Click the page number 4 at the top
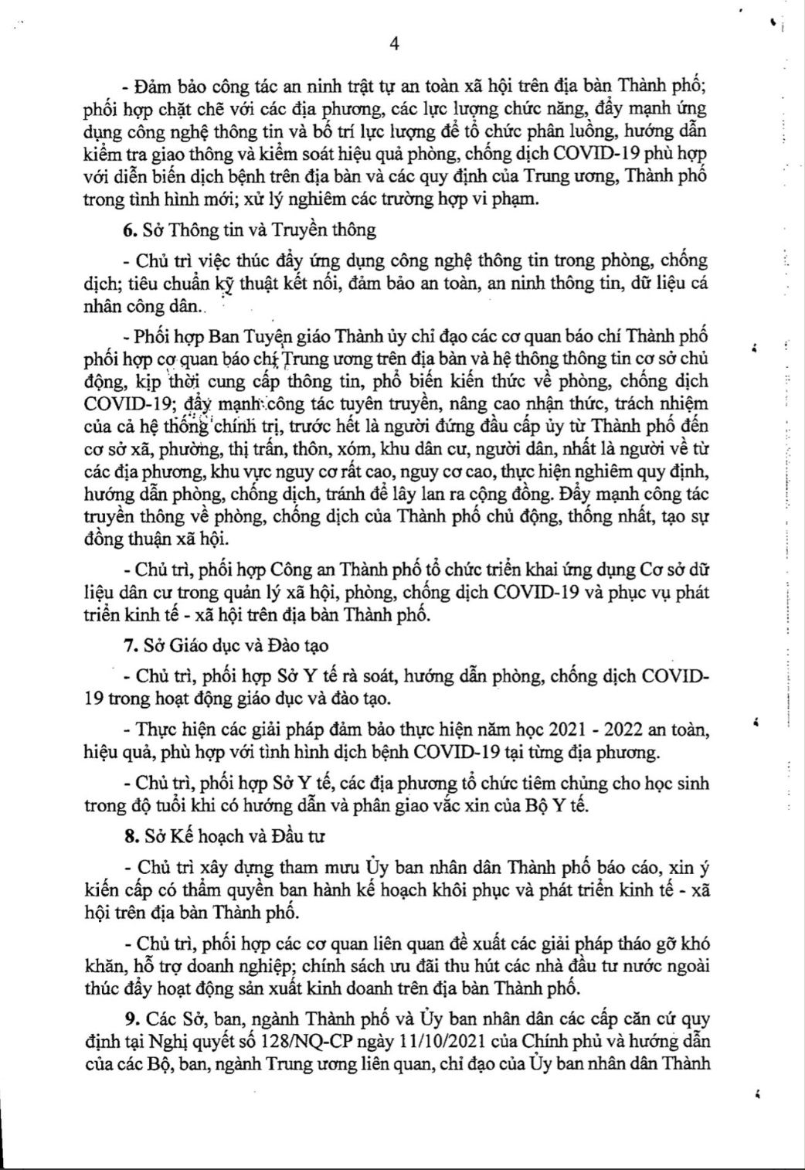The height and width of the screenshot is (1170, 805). (x=394, y=44)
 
